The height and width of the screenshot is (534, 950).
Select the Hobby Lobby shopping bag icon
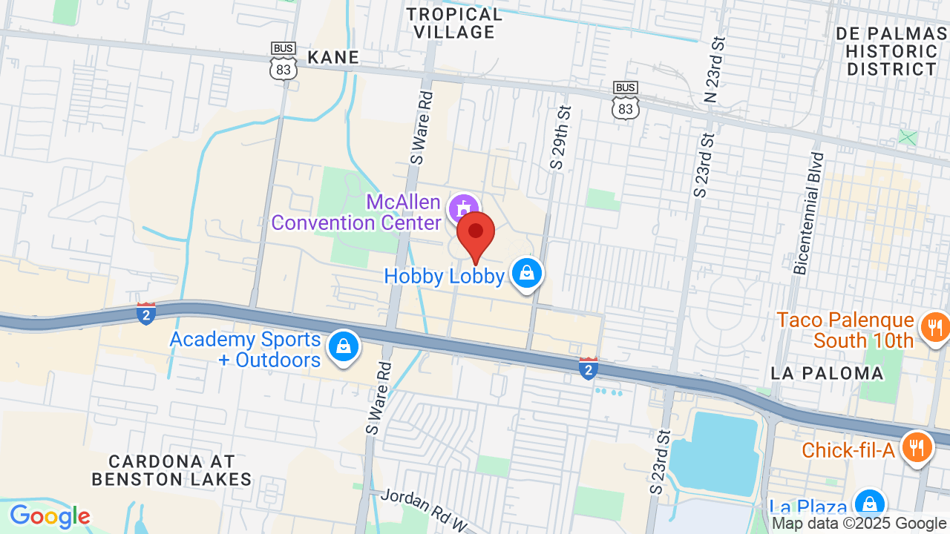click(526, 273)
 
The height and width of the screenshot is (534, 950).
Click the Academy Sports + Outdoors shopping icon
click(344, 346)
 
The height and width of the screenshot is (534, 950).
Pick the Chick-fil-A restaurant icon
click(917, 447)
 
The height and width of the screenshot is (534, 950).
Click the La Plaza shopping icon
click(868, 504)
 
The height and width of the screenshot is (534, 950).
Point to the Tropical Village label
click(454, 23)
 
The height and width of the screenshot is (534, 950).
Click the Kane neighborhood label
click(333, 57)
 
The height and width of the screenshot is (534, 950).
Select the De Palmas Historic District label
click(891, 51)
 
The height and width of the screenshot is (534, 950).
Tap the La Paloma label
click(828, 373)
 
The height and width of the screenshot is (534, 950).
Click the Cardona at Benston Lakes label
click(171, 470)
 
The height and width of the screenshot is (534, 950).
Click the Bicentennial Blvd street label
click(809, 214)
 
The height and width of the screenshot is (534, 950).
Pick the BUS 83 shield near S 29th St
click(626, 100)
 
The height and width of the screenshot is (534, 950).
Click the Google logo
click(50, 516)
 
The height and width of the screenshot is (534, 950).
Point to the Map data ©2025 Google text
click(859, 524)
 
